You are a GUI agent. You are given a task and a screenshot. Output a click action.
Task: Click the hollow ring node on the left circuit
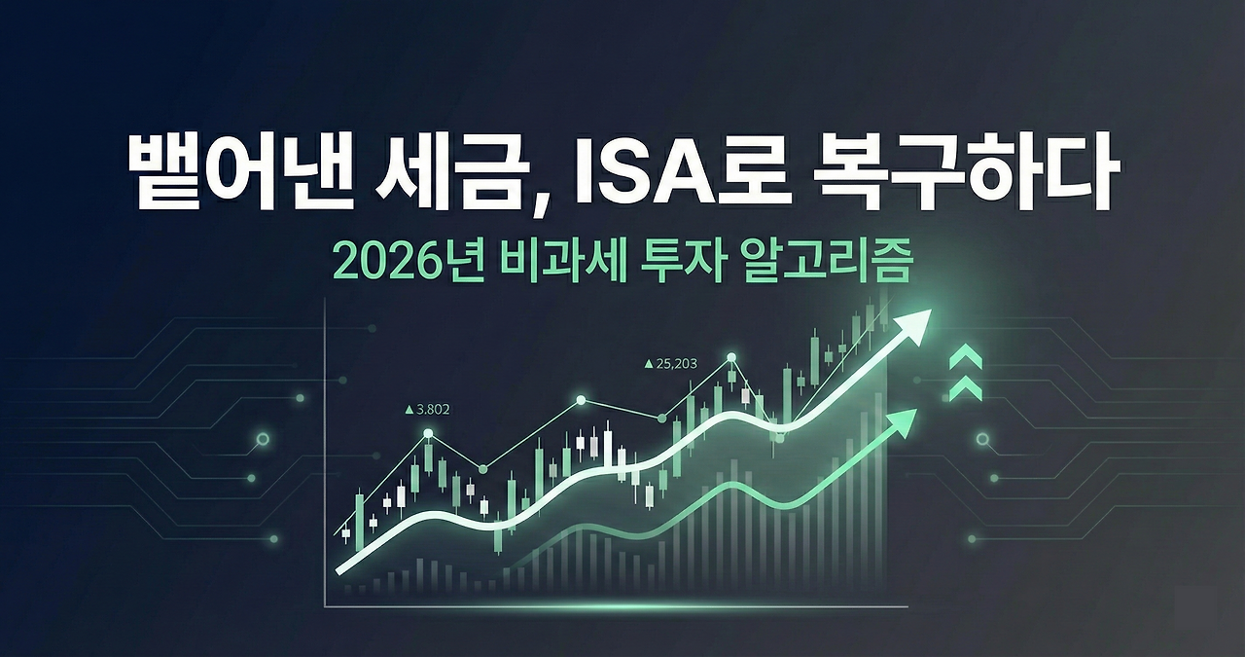[262, 440]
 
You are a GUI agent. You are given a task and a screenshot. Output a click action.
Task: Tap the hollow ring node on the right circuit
[982, 440]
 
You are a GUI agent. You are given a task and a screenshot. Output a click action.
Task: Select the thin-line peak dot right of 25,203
[731, 358]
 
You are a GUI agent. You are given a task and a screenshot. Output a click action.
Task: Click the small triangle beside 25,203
[649, 364]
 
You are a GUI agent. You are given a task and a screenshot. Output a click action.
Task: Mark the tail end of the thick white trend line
[340, 569]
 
